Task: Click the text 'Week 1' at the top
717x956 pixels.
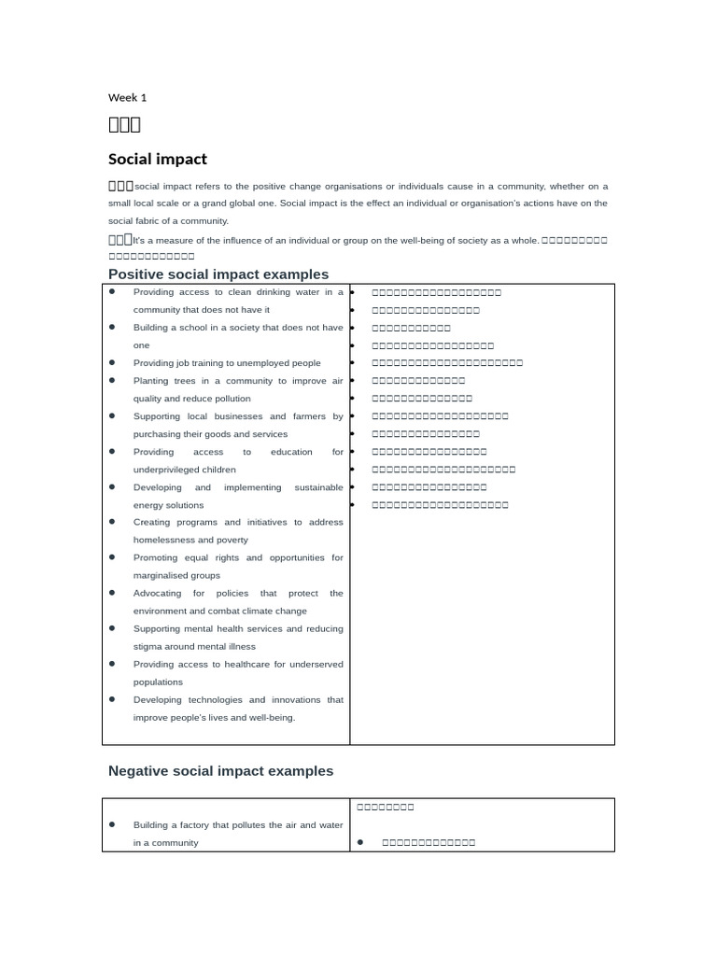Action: [x=127, y=97]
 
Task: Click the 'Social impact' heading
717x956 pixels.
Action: [x=158, y=159]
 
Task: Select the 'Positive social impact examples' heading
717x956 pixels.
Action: [x=218, y=274]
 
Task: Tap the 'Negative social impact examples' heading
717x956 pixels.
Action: [x=220, y=770]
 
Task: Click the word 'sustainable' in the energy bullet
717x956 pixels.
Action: [x=318, y=487]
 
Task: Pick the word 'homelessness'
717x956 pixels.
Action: [x=163, y=540]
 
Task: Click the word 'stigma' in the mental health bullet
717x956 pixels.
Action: [x=148, y=646]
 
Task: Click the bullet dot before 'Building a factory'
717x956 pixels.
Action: [x=112, y=824]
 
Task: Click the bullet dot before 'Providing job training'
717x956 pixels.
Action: [x=112, y=363]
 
